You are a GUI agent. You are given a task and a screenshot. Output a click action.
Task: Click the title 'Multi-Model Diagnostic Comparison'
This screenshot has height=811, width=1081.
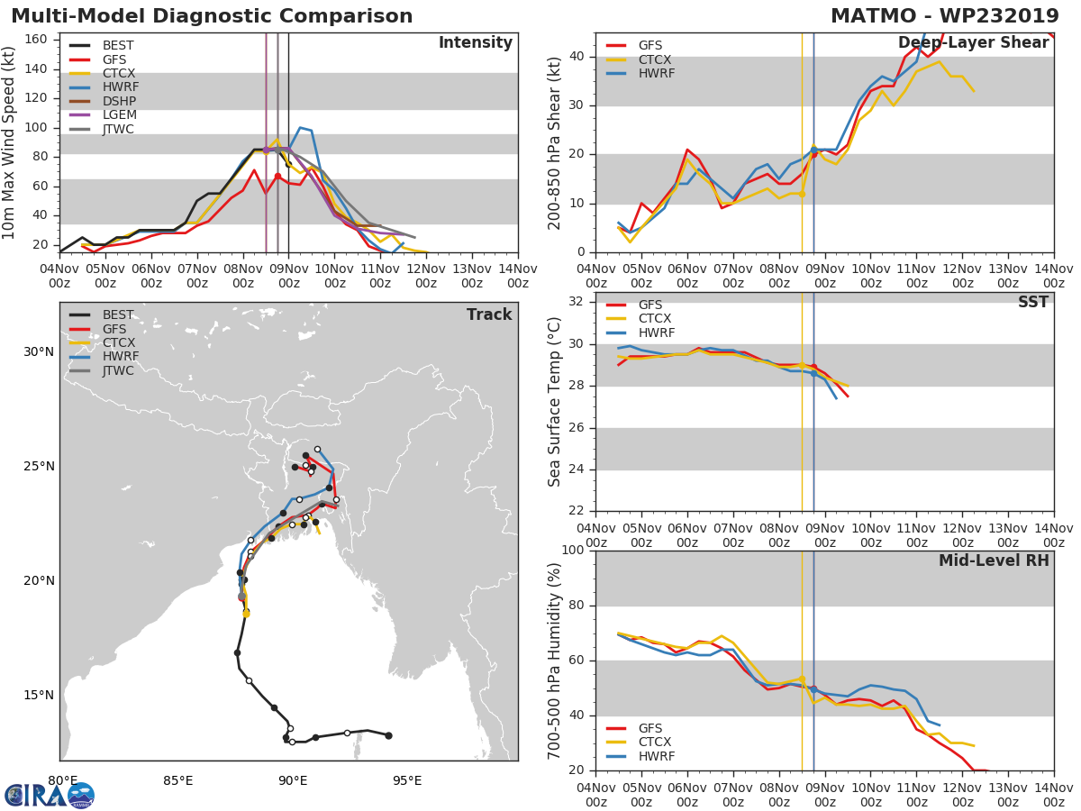212,16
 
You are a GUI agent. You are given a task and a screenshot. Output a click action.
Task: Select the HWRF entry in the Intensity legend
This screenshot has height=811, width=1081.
121,87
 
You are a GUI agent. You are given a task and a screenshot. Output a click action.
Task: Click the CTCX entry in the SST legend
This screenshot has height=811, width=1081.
654,319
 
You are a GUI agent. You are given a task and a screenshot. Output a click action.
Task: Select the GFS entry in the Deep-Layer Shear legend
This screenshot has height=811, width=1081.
650,45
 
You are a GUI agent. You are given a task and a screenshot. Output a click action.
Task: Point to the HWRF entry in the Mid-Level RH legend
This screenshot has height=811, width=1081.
656,756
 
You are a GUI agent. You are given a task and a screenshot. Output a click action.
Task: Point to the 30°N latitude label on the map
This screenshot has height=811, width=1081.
39,351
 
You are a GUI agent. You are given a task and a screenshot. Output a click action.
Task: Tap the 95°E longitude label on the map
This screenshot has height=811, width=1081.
407,781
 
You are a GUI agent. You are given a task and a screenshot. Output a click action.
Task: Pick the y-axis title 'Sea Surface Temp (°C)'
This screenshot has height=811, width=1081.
555,403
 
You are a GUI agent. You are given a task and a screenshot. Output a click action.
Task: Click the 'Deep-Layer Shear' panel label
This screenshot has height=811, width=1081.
973,43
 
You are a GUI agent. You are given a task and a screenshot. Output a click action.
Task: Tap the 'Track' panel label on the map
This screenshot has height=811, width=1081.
489,314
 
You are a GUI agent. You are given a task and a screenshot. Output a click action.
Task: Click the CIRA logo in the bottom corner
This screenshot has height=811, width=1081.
50,795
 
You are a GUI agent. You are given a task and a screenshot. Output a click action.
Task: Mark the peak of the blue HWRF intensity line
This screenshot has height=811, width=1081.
300,128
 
